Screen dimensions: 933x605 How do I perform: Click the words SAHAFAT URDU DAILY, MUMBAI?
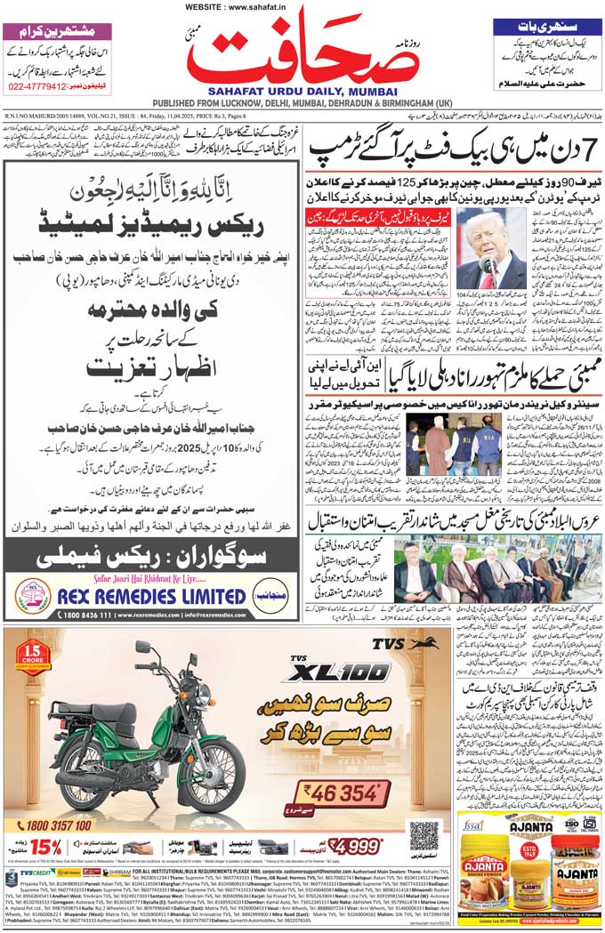(302, 90)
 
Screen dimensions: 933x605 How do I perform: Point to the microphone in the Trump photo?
(487, 265)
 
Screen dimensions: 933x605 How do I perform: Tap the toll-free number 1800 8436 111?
(59, 615)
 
